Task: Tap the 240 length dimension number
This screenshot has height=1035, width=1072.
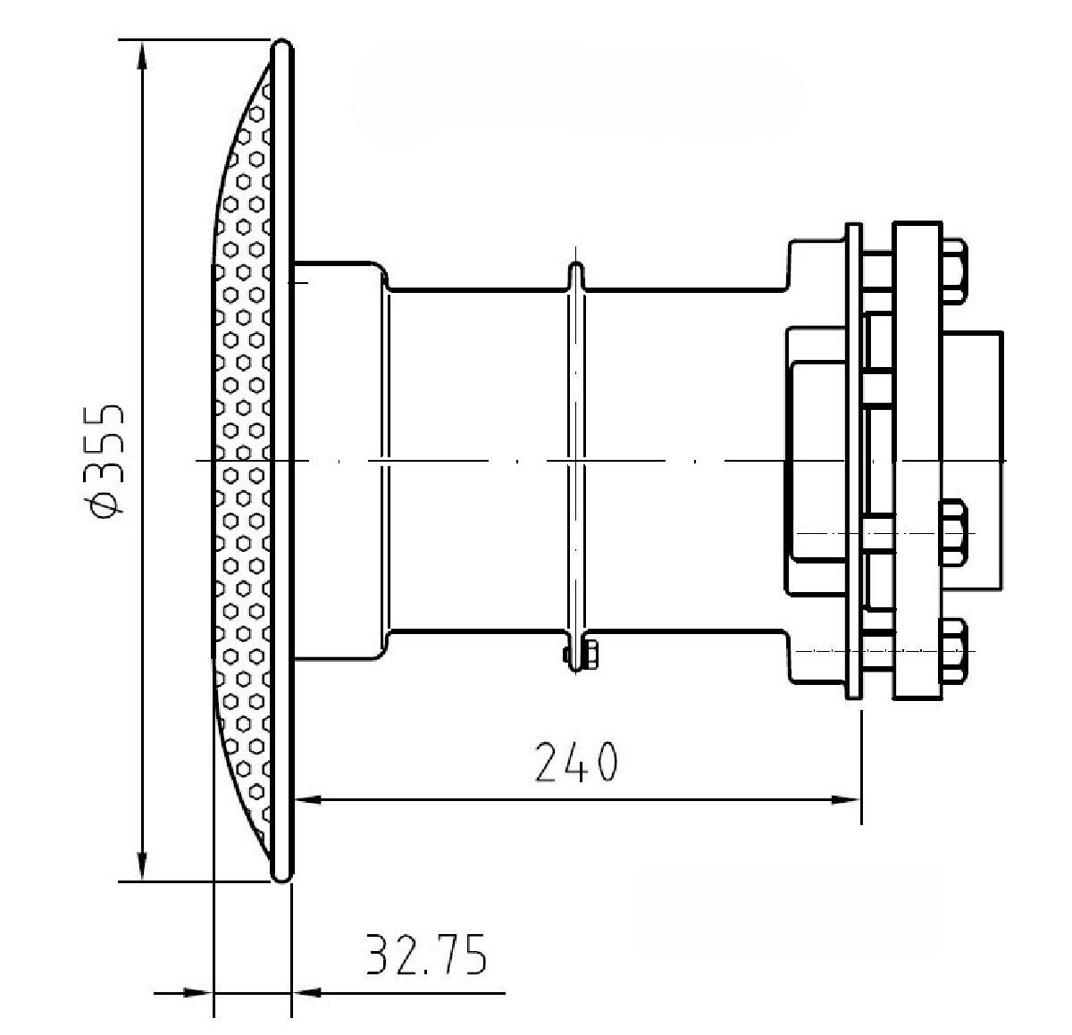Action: [576, 762]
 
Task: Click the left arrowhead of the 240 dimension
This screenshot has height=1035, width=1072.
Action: [308, 799]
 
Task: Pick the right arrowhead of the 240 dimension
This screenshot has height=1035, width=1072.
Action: [846, 799]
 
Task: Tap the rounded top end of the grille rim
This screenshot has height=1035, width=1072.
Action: [282, 46]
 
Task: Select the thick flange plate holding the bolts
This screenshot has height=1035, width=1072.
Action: [917, 461]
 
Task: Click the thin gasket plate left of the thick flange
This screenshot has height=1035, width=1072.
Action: [853, 461]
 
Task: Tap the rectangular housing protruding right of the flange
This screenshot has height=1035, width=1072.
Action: [972, 461]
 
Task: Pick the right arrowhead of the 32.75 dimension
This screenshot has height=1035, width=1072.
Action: [306, 993]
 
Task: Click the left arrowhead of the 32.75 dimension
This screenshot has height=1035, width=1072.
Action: [197, 993]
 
